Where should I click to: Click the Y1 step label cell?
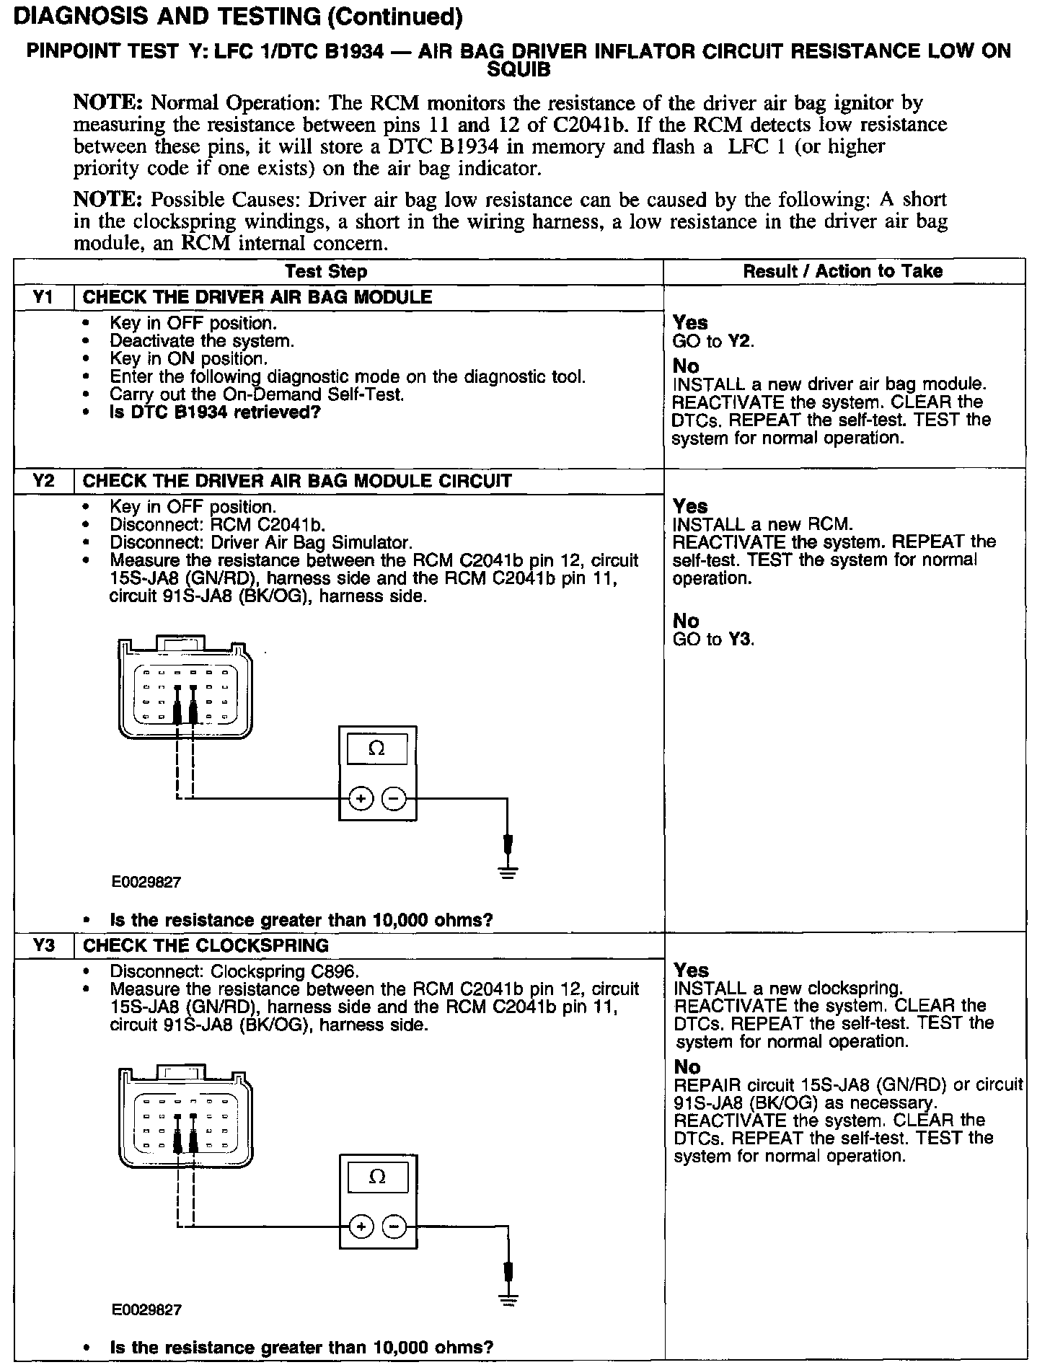point(44,297)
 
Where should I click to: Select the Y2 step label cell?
point(44,481)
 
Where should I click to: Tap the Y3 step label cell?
point(44,945)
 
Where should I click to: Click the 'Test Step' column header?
point(326,272)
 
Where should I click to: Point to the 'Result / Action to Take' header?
point(842,271)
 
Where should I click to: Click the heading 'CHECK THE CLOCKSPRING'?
point(206,945)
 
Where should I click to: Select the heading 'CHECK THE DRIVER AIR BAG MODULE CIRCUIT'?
point(297,481)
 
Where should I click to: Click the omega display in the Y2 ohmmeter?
point(376,749)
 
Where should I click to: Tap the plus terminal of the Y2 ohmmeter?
point(361,798)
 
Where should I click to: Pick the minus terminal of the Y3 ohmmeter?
point(394,1227)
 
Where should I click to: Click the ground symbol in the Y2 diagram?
point(508,874)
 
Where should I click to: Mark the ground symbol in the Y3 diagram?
point(509,1301)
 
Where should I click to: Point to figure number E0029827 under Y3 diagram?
point(146,1309)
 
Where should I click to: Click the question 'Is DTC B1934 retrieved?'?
point(215,412)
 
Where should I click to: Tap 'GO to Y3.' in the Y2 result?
point(713,639)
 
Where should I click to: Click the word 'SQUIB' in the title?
point(519,70)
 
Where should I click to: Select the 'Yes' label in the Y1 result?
point(690,322)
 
